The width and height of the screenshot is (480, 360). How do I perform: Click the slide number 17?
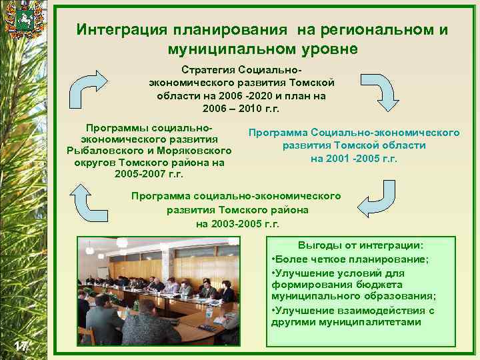[21, 344]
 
